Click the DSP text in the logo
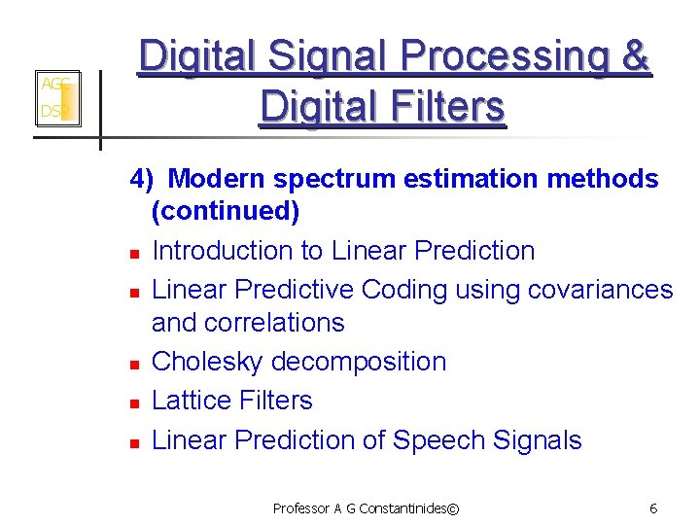(52, 112)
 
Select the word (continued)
(226, 211)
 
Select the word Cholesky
(208, 362)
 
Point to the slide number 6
(653, 508)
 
